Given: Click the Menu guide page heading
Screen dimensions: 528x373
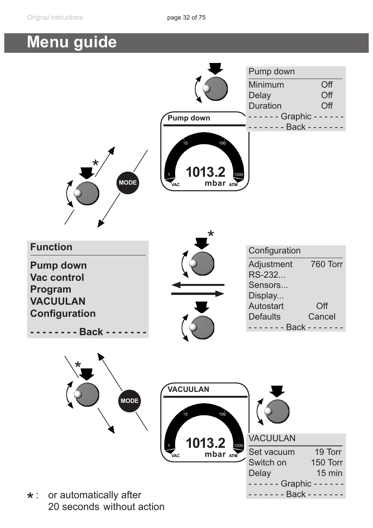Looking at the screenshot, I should coord(72,42).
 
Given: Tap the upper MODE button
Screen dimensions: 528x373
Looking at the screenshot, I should coord(128,183).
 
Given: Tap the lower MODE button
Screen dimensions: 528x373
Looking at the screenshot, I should coord(129,401).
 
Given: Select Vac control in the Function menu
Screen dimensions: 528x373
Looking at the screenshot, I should coord(57,277).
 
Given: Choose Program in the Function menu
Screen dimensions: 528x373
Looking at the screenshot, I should coord(51,289).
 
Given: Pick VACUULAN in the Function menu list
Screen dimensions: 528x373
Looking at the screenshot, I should coord(58,301).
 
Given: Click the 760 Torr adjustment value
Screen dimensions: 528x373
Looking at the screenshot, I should coord(326,264).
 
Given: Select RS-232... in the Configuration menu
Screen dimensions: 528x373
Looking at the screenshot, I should coord(267,275).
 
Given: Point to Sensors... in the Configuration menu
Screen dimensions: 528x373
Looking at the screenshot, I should coord(268,285).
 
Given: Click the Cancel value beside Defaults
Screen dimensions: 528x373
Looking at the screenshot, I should coord(322,317).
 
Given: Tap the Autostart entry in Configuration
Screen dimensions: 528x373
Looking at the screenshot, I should coord(266,306).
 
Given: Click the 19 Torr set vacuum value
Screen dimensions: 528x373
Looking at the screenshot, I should coord(328,452).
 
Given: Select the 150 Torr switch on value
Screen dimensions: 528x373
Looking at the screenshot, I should coord(326,463).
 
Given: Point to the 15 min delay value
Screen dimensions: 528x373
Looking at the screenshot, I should coord(329,473).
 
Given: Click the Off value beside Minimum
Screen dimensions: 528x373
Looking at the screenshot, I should coord(327,85).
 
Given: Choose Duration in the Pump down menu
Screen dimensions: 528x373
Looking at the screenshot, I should coord(265,106).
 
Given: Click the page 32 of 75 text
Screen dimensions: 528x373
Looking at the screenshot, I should coord(186,18).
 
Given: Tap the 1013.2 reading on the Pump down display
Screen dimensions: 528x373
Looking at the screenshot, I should coord(206,172).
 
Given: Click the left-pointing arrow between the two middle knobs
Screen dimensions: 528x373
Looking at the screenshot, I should coord(197,285).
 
